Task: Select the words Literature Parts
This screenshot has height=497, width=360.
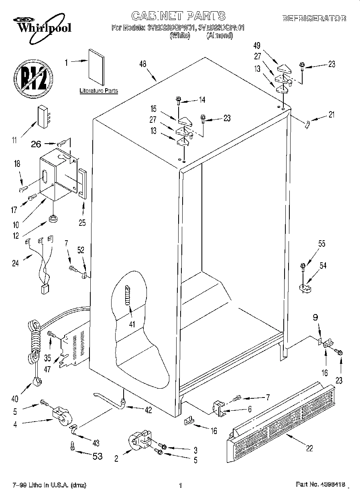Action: pos(99,91)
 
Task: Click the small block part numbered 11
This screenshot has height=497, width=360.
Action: pos(43,116)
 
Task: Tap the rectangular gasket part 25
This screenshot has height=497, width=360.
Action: pos(82,183)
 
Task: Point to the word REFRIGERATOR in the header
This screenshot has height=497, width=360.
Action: pos(314,18)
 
